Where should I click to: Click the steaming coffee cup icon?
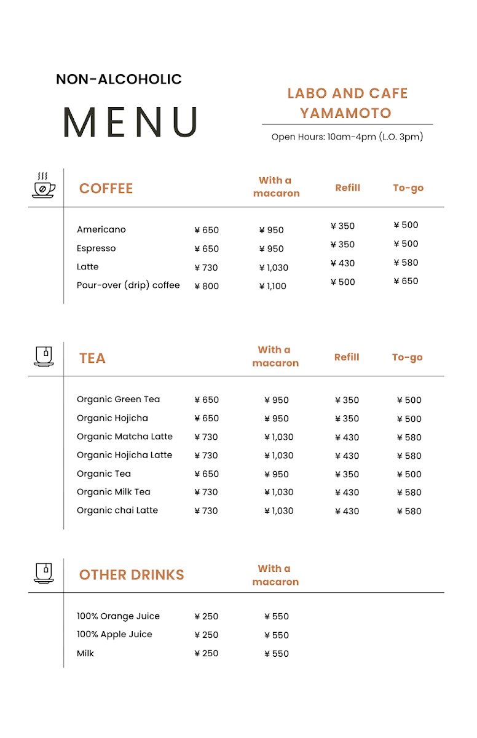43,185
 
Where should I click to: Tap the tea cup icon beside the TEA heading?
43,356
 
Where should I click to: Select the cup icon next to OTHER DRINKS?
43,573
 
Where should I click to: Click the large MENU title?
131,122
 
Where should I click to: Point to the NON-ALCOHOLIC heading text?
119,79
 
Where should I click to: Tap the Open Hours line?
347,137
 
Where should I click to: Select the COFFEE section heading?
106,188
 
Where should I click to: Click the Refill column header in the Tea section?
347,357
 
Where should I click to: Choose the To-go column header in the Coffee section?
408,188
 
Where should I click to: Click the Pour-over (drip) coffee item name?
128,285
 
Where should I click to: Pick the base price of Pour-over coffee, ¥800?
207,286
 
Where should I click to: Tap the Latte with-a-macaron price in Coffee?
274,268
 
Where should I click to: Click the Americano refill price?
342,226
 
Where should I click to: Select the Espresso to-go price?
406,244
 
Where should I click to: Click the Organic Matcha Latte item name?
124,437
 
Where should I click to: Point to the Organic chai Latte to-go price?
409,511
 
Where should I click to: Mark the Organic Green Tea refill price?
347,400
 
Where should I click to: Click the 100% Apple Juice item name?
114,634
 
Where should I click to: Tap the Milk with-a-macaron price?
277,654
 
